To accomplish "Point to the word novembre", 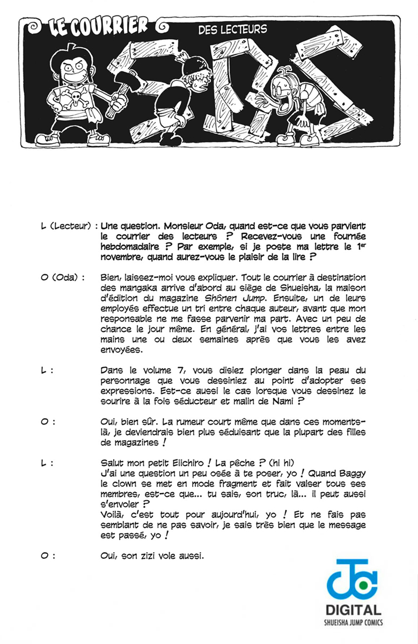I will [x=122, y=257].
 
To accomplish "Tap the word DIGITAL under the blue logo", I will [x=354, y=610].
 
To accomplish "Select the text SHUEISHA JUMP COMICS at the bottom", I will [x=354, y=623].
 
